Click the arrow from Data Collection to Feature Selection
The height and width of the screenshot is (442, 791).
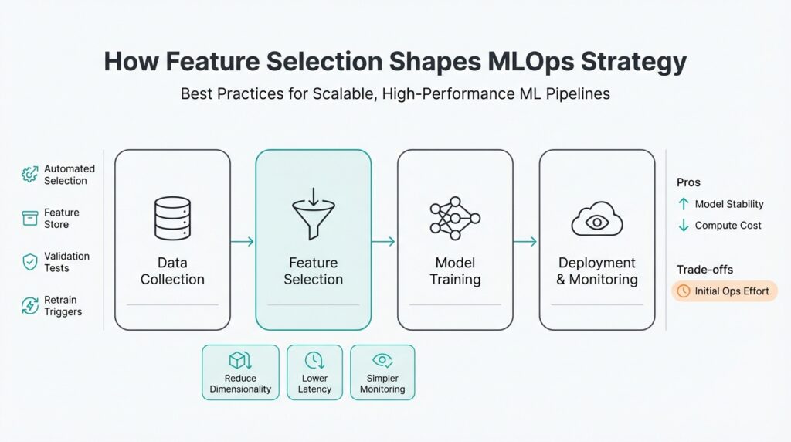[x=243, y=242]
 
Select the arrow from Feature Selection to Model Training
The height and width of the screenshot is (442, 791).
[x=384, y=242]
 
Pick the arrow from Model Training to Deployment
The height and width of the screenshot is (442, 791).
[x=526, y=242]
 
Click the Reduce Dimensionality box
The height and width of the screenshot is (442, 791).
[x=240, y=372]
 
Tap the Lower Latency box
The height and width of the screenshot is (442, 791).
[x=314, y=372]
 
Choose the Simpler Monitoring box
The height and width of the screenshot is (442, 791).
[x=382, y=372]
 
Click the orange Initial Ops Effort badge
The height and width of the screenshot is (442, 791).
[x=725, y=291]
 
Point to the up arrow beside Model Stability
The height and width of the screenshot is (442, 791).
[x=683, y=204]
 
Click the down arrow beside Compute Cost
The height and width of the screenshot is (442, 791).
[x=683, y=226]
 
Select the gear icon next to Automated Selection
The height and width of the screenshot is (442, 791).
[x=29, y=175]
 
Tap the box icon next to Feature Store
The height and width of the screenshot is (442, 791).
[x=29, y=219]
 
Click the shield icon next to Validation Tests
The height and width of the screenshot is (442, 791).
[x=29, y=262]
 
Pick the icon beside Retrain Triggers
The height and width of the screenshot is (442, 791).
[x=29, y=306]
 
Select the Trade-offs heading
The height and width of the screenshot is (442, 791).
[x=704, y=269]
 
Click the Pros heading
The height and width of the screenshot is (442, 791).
[x=688, y=182]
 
